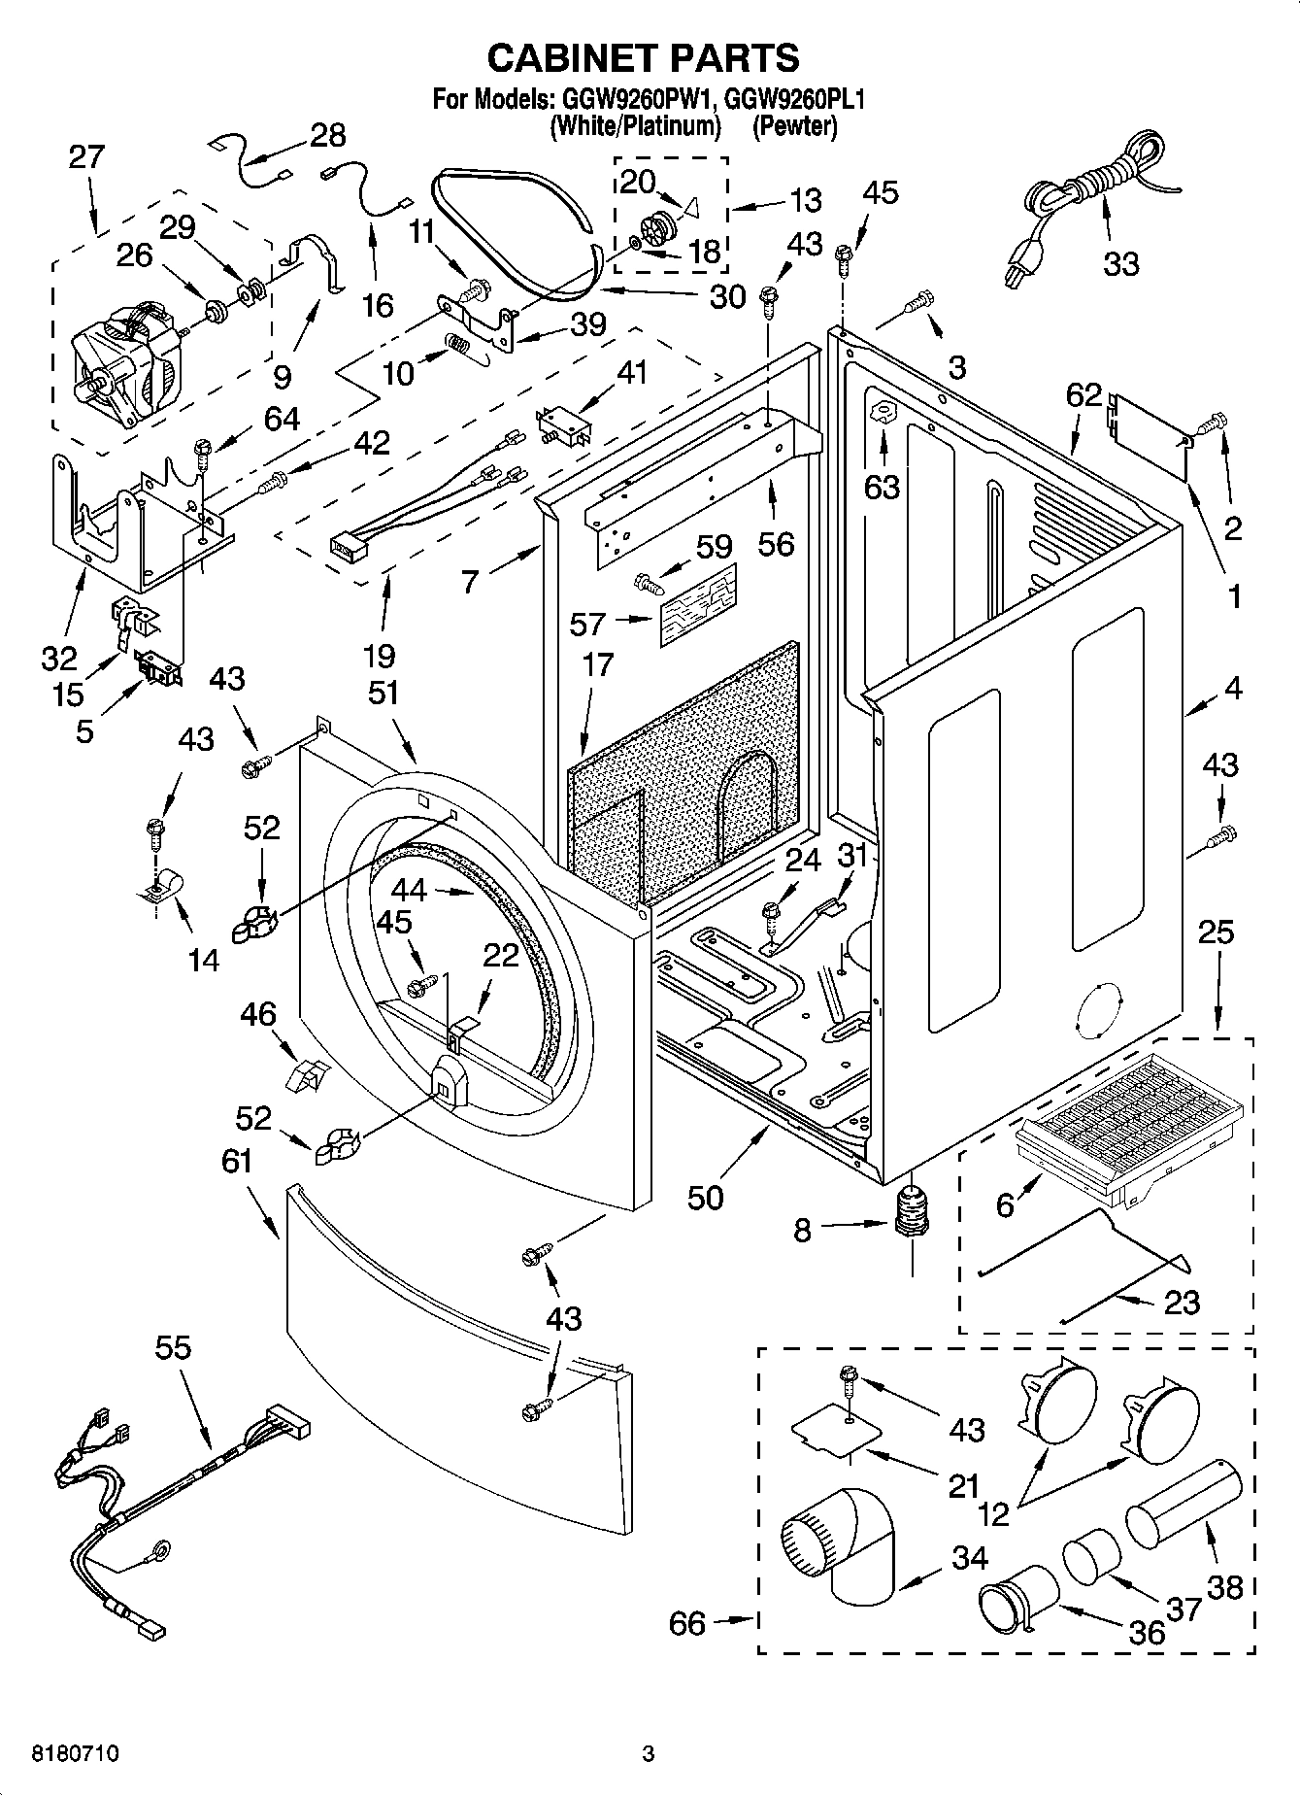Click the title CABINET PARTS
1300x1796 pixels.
(x=643, y=58)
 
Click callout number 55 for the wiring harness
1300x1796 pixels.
(x=174, y=1347)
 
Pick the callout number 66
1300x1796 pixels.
(x=687, y=1622)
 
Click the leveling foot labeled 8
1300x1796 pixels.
(x=911, y=1213)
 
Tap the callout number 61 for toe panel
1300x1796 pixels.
(x=236, y=1161)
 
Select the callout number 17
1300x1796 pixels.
(x=598, y=664)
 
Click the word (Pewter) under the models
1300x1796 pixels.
(x=794, y=126)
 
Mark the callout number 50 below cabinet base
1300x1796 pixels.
(x=705, y=1198)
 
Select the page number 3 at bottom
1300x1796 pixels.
(x=649, y=1754)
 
